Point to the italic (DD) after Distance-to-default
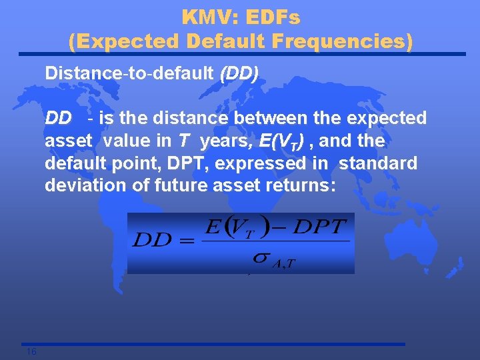click(238, 73)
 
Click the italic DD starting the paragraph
click(58, 119)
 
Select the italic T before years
click(182, 141)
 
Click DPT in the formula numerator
click(321, 227)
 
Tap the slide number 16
click(31, 351)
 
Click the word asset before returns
click(241, 185)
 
